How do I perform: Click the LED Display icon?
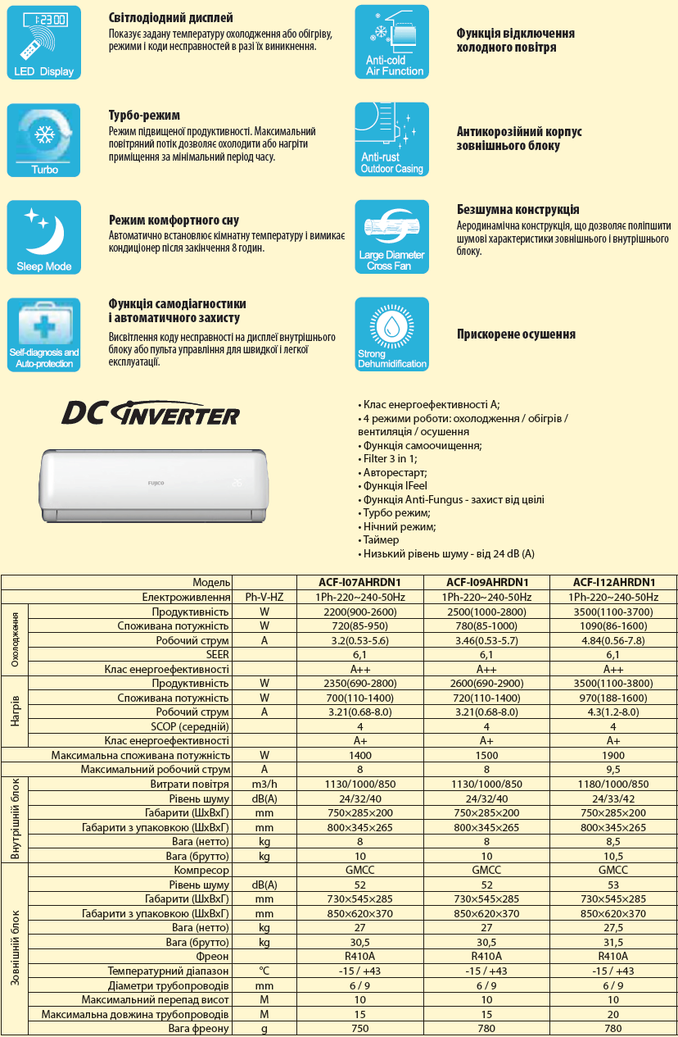[44, 42]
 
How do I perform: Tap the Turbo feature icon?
[44, 139]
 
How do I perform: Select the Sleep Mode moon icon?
[44, 237]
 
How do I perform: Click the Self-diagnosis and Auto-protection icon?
[44, 334]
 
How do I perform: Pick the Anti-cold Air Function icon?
[391, 42]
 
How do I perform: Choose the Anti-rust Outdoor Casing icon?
[391, 139]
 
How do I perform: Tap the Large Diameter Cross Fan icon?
[391, 237]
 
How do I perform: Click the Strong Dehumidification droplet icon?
[391, 334]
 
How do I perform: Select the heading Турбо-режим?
[144, 116]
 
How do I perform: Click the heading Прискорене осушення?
[516, 334]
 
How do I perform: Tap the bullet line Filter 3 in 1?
[390, 459]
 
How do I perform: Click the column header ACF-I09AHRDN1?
[486, 583]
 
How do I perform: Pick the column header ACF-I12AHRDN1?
[613, 583]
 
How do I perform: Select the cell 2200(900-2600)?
[360, 612]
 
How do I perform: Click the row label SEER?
[218, 655]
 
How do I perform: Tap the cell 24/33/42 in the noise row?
[613, 799]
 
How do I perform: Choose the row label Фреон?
[212, 957]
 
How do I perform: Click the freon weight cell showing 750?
[360, 1029]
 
